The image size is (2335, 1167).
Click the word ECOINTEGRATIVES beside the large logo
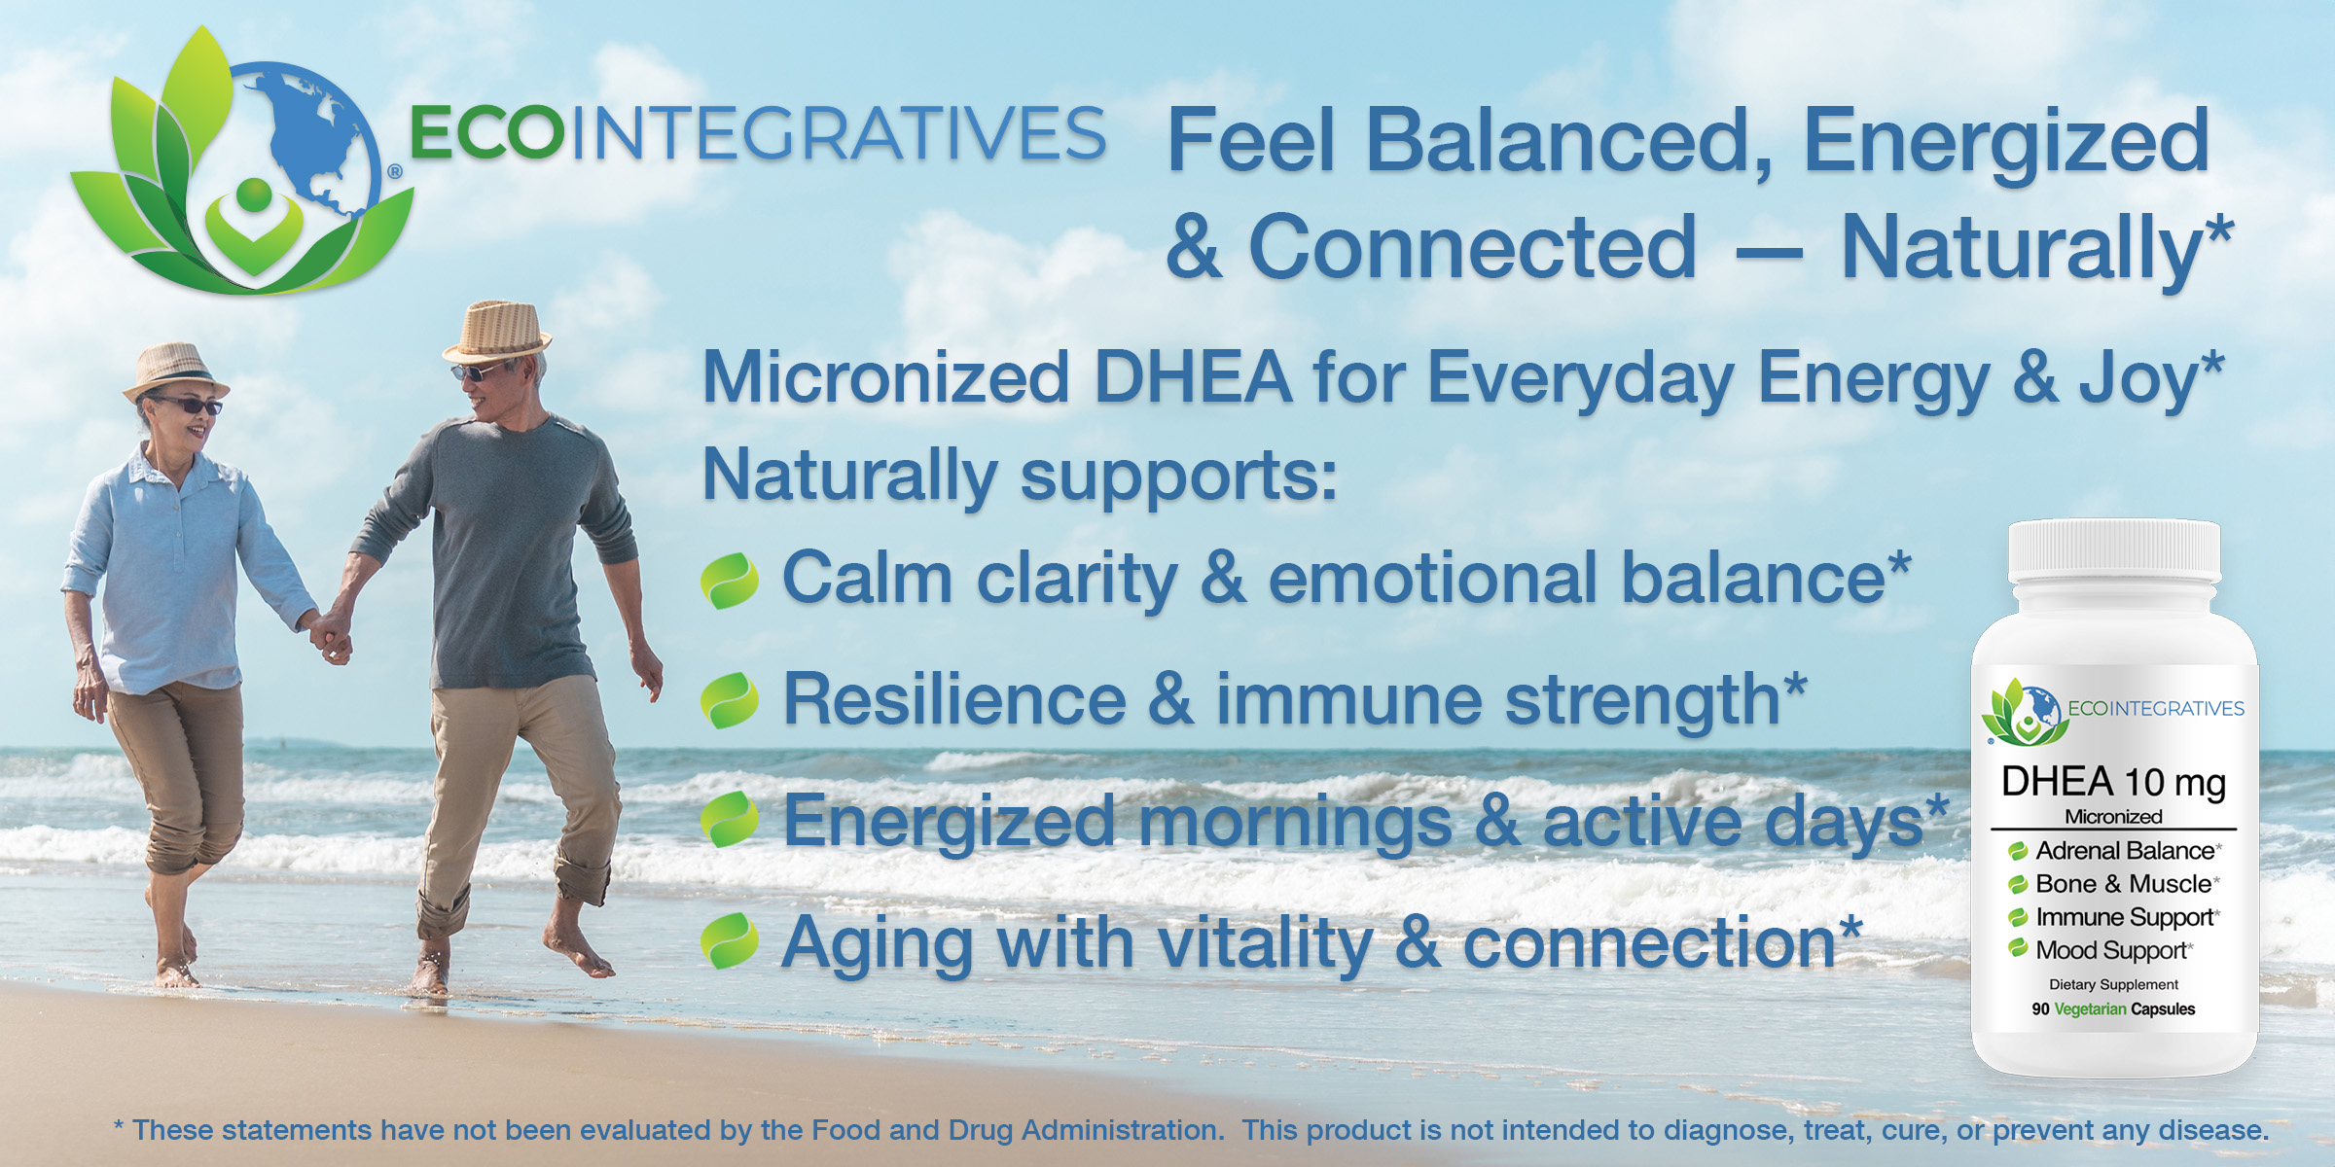click(758, 133)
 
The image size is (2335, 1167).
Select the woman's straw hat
click(175, 371)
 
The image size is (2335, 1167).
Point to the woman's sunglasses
click(187, 405)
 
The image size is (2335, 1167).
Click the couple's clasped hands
click(332, 636)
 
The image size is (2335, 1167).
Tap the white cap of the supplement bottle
click(2114, 551)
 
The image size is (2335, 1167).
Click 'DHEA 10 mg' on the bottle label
click(2113, 783)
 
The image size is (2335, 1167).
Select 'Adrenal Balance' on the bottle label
click(2125, 851)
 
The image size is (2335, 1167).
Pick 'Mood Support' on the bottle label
click(2111, 950)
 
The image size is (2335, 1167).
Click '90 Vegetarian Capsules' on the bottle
click(2113, 1009)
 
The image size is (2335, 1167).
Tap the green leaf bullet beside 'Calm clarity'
click(730, 581)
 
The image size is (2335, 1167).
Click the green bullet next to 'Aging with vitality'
click(730, 940)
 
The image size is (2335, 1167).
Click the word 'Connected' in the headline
click(1473, 247)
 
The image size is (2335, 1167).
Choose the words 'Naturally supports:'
click(1020, 476)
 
